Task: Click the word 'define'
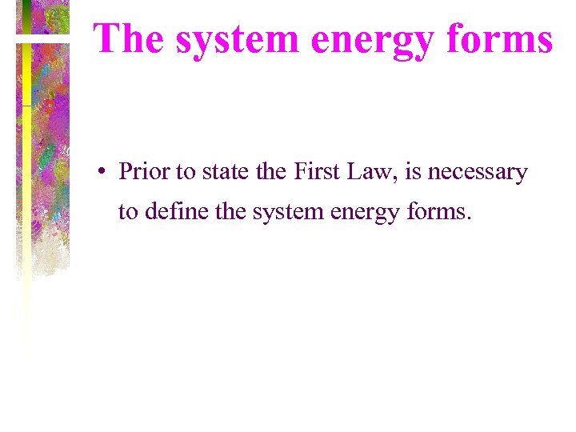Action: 168,212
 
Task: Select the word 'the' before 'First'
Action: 268,172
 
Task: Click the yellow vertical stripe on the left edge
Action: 26,160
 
